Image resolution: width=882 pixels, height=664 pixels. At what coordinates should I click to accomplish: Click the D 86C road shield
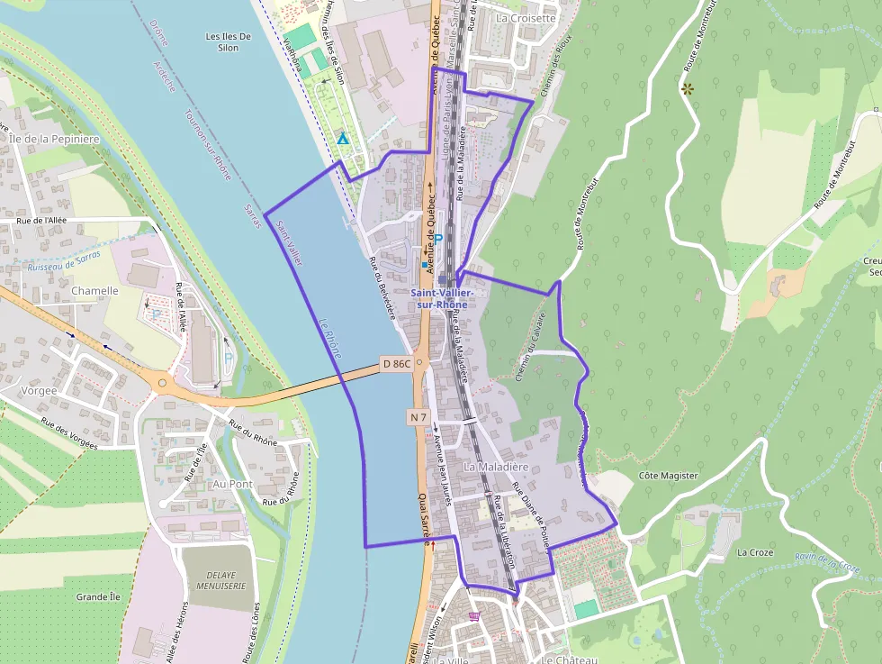(396, 364)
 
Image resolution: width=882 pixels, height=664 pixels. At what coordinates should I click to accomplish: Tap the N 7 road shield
(418, 417)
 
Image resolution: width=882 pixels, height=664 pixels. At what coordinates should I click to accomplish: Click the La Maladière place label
(496, 468)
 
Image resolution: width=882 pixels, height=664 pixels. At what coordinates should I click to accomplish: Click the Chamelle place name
(94, 291)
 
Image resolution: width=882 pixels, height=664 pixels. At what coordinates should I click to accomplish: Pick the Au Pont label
(232, 484)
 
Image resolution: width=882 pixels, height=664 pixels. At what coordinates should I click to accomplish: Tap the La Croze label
(755, 551)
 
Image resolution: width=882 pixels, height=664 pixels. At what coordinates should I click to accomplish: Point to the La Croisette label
(526, 18)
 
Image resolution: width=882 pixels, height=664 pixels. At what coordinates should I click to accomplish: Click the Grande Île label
(98, 597)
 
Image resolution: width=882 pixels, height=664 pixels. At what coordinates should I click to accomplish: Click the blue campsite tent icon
(342, 139)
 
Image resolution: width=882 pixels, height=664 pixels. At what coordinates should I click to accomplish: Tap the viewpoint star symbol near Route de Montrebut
(688, 88)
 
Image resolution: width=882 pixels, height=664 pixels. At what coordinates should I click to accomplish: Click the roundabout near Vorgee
(162, 383)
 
